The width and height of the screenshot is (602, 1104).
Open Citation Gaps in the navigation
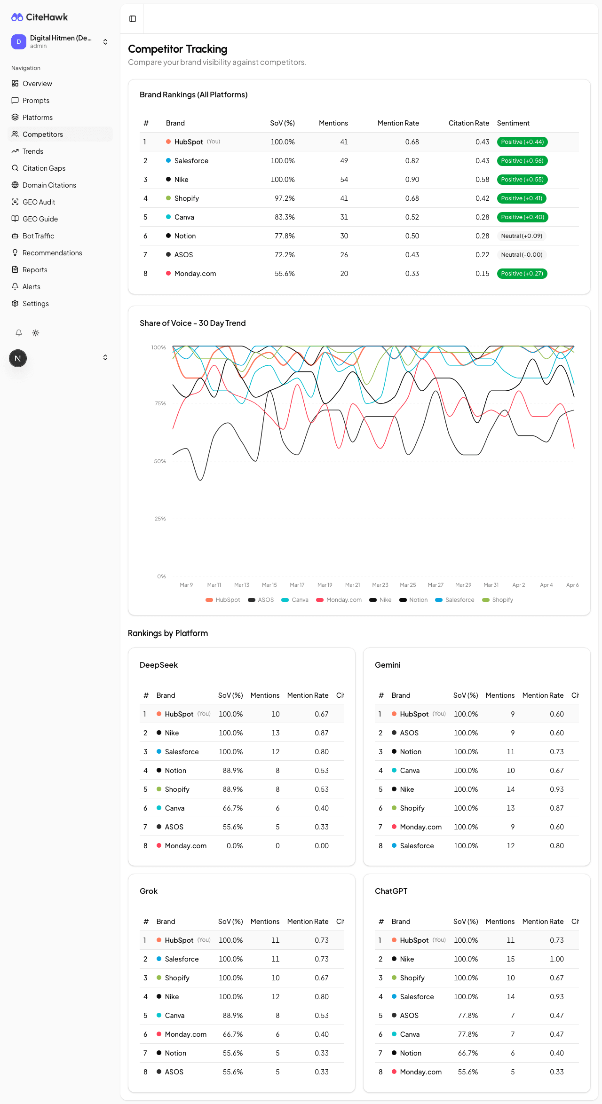44,168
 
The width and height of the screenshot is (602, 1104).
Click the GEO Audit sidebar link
39,202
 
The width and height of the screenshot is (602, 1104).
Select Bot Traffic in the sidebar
38,236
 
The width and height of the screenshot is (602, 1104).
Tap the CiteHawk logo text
47,17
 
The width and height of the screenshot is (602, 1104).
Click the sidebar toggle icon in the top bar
133,19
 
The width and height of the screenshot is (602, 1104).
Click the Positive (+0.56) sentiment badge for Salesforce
522,161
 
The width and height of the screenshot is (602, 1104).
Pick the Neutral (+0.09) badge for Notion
522,236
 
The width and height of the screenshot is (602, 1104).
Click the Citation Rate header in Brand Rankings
468,123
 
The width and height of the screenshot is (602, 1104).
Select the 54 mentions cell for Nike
344,180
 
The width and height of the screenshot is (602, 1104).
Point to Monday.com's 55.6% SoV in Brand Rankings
285,274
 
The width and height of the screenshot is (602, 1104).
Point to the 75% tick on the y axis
160,403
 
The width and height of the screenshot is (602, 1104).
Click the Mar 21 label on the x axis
352,585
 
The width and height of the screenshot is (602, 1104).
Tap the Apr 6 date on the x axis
572,585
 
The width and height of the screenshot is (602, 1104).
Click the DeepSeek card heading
158,665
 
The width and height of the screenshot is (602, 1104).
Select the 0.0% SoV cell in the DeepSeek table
235,846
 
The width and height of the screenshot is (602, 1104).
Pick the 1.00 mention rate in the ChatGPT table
556,959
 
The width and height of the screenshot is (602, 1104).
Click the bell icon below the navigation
19,333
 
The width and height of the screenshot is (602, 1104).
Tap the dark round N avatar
18,358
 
